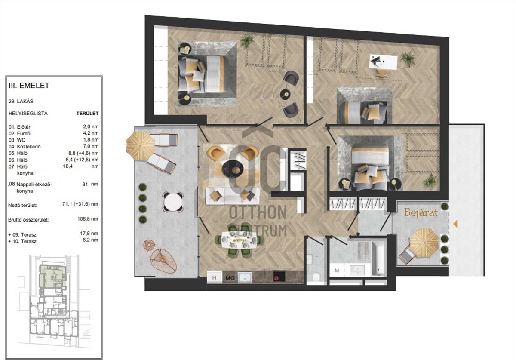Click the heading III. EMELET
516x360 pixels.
click(29, 86)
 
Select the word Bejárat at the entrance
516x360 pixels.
click(421, 212)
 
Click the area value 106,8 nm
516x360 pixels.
click(88, 219)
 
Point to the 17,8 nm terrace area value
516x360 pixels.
click(89, 233)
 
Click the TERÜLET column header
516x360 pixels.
click(88, 114)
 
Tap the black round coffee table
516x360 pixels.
click(233, 169)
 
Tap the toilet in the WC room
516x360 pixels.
click(316, 276)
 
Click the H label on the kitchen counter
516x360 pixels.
click(214, 278)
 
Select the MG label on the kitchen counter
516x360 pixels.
click(230, 278)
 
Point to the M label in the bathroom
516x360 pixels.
click(337, 271)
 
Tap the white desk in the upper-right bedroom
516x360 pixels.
click(383, 62)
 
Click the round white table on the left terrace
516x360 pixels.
click(173, 202)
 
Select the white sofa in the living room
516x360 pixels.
click(233, 196)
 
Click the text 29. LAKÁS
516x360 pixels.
click(21, 101)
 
